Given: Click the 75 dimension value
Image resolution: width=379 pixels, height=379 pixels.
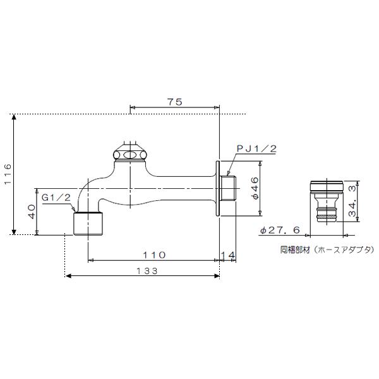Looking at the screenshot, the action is (x=175, y=102).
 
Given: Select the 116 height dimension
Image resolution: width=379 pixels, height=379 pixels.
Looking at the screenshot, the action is (x=8, y=174).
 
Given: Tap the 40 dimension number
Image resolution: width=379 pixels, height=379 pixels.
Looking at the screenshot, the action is (x=32, y=212).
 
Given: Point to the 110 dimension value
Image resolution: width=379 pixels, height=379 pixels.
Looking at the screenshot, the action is (x=154, y=255).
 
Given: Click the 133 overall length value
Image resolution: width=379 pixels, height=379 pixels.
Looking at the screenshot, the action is (x=147, y=271).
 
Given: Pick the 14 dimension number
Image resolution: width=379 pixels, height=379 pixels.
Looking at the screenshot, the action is (x=227, y=255).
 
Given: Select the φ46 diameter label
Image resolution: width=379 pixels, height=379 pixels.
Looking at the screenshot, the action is (x=255, y=188).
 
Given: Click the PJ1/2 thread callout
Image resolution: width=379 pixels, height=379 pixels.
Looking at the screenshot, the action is (x=256, y=148).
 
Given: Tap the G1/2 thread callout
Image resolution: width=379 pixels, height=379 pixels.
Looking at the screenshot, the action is (x=56, y=198).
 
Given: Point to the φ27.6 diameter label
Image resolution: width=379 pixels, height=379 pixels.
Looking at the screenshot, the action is (x=280, y=230).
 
